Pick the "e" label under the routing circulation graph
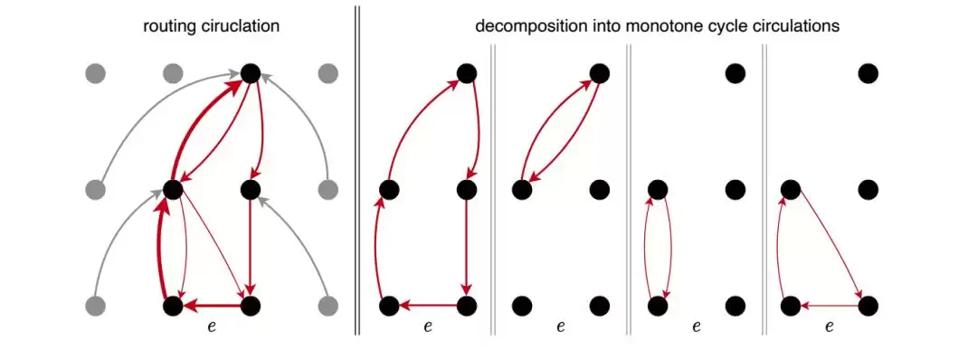pyautogui.click(x=212, y=326)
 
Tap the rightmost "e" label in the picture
pyautogui.click(x=830, y=326)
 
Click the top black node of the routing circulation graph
pyautogui.click(x=250, y=73)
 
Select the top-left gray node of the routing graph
pyautogui.click(x=95, y=73)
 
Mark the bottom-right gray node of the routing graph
pyautogui.click(x=327, y=306)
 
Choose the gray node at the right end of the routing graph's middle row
pyautogui.click(x=327, y=189)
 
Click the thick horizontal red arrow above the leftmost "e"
pyautogui.click(x=212, y=305)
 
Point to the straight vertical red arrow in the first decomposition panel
pyautogui.click(x=467, y=247)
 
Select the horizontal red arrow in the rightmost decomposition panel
pyautogui.click(x=830, y=305)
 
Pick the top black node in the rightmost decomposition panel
pyautogui.click(x=868, y=73)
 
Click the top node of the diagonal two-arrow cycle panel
pyautogui.click(x=599, y=73)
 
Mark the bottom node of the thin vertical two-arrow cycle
pyautogui.click(x=658, y=306)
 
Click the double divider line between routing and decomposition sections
pyautogui.click(x=357, y=169)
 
